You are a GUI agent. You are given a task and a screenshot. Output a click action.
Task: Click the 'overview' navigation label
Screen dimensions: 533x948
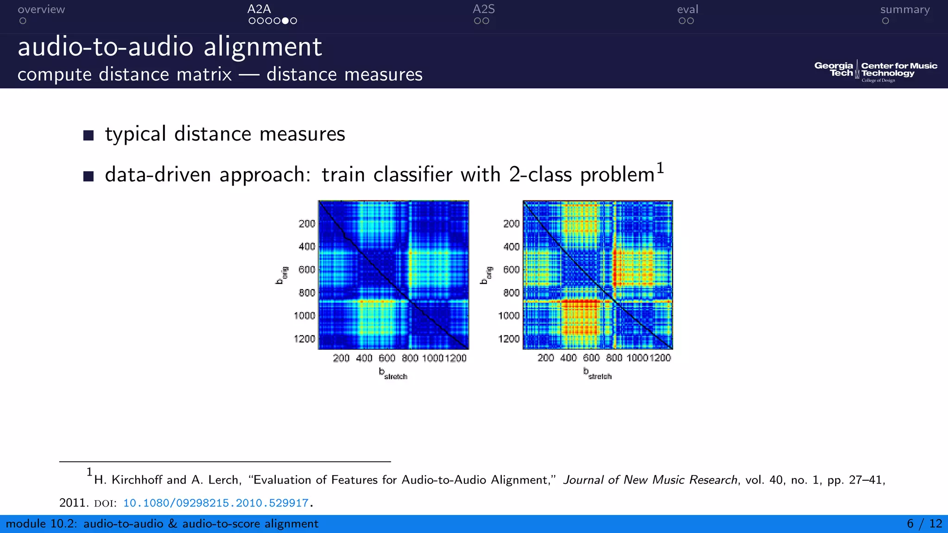[x=41, y=9]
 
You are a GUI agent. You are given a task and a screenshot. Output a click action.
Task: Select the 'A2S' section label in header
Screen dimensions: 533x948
[x=483, y=9]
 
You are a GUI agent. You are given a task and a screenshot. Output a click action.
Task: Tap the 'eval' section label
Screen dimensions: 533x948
[x=687, y=9]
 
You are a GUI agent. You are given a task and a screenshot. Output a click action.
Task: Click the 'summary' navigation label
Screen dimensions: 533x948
[x=904, y=9]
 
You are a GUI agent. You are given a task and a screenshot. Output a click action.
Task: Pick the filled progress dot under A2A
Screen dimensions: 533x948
[x=285, y=21]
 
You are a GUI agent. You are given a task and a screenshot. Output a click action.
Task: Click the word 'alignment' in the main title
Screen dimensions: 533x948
[x=262, y=47]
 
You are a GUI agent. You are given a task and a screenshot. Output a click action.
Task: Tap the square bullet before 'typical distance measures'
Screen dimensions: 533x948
[x=88, y=135]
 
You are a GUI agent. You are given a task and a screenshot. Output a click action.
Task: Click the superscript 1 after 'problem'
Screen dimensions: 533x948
[x=660, y=167]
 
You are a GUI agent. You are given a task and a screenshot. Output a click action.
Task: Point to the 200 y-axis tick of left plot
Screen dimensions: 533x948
[x=306, y=223]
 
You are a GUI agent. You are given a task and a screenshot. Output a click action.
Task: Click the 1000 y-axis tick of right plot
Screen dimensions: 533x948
[x=509, y=316]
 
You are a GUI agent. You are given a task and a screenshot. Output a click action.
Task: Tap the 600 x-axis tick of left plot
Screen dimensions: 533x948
[x=387, y=358]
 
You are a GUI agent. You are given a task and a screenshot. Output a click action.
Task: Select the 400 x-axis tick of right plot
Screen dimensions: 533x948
[x=568, y=358]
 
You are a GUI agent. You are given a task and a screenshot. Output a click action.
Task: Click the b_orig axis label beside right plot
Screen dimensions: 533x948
[x=486, y=275]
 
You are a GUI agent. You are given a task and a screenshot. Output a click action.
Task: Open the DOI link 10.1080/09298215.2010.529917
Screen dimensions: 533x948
[x=216, y=503]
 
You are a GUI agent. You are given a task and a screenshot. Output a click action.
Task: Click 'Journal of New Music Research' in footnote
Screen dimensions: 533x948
[x=650, y=480]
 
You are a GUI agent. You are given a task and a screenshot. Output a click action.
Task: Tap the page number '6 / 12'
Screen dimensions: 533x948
[x=924, y=524]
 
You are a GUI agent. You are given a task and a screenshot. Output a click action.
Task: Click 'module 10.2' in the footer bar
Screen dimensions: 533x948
[x=41, y=524]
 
